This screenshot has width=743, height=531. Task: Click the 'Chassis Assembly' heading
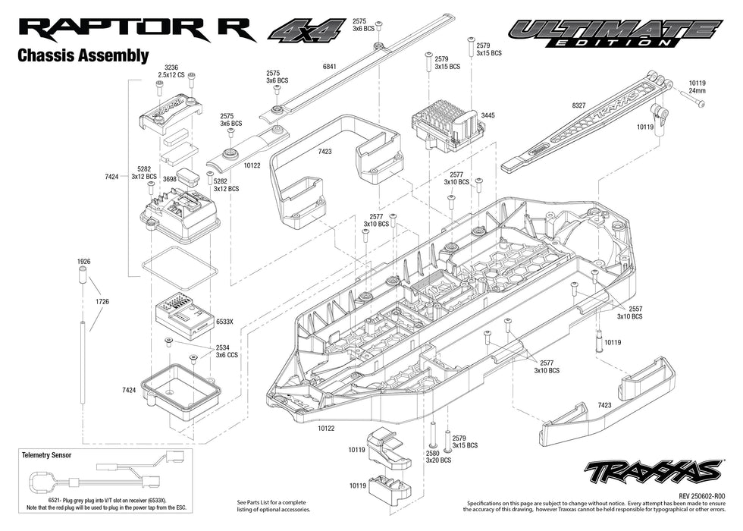[x=83, y=56]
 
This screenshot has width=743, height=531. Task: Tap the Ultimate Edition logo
[x=614, y=33]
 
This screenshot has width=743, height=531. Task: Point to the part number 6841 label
[x=329, y=68]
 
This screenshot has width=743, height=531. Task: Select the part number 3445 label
[x=487, y=115]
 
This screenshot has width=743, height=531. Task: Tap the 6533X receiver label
[x=224, y=322]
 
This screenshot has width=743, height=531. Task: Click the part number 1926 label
[x=83, y=262]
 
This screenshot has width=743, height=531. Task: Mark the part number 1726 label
[x=102, y=302]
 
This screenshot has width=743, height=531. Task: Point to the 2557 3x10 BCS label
[x=629, y=313]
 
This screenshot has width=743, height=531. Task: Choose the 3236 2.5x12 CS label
[x=171, y=71]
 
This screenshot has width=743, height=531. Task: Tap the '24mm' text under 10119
[x=696, y=91]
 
